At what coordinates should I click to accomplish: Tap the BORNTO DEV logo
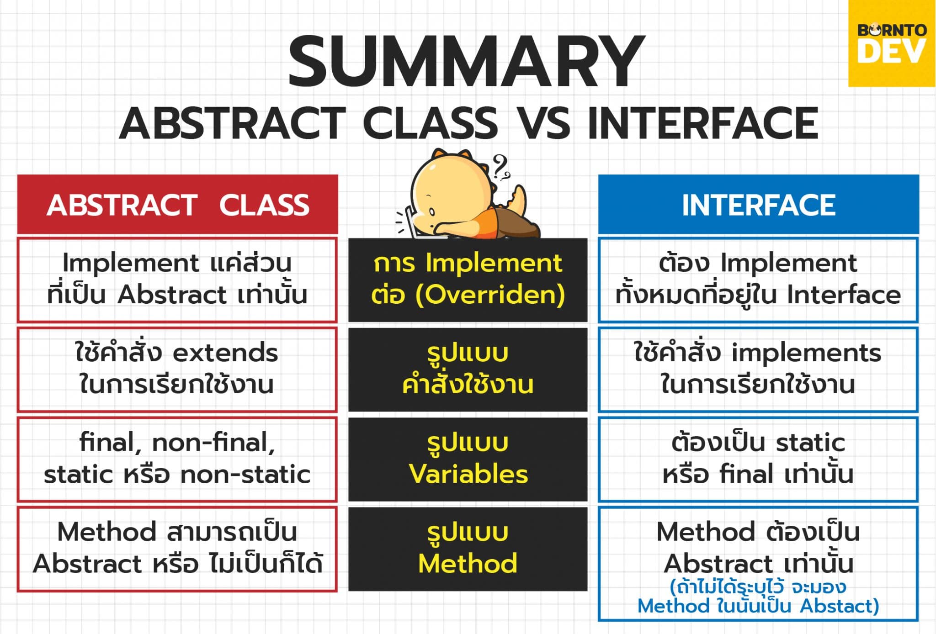tap(891, 43)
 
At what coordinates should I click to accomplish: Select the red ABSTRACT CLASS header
tap(177, 205)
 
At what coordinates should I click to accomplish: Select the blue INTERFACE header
tap(758, 205)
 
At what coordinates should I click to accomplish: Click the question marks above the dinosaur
tap(501, 167)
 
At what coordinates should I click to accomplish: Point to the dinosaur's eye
tap(432, 212)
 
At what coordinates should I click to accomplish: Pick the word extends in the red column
tap(225, 353)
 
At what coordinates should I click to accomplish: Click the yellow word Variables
tap(468, 474)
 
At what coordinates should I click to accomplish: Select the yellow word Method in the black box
tap(468, 563)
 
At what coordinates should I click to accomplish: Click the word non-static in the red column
tap(245, 474)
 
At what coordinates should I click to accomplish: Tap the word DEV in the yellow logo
tap(891, 52)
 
